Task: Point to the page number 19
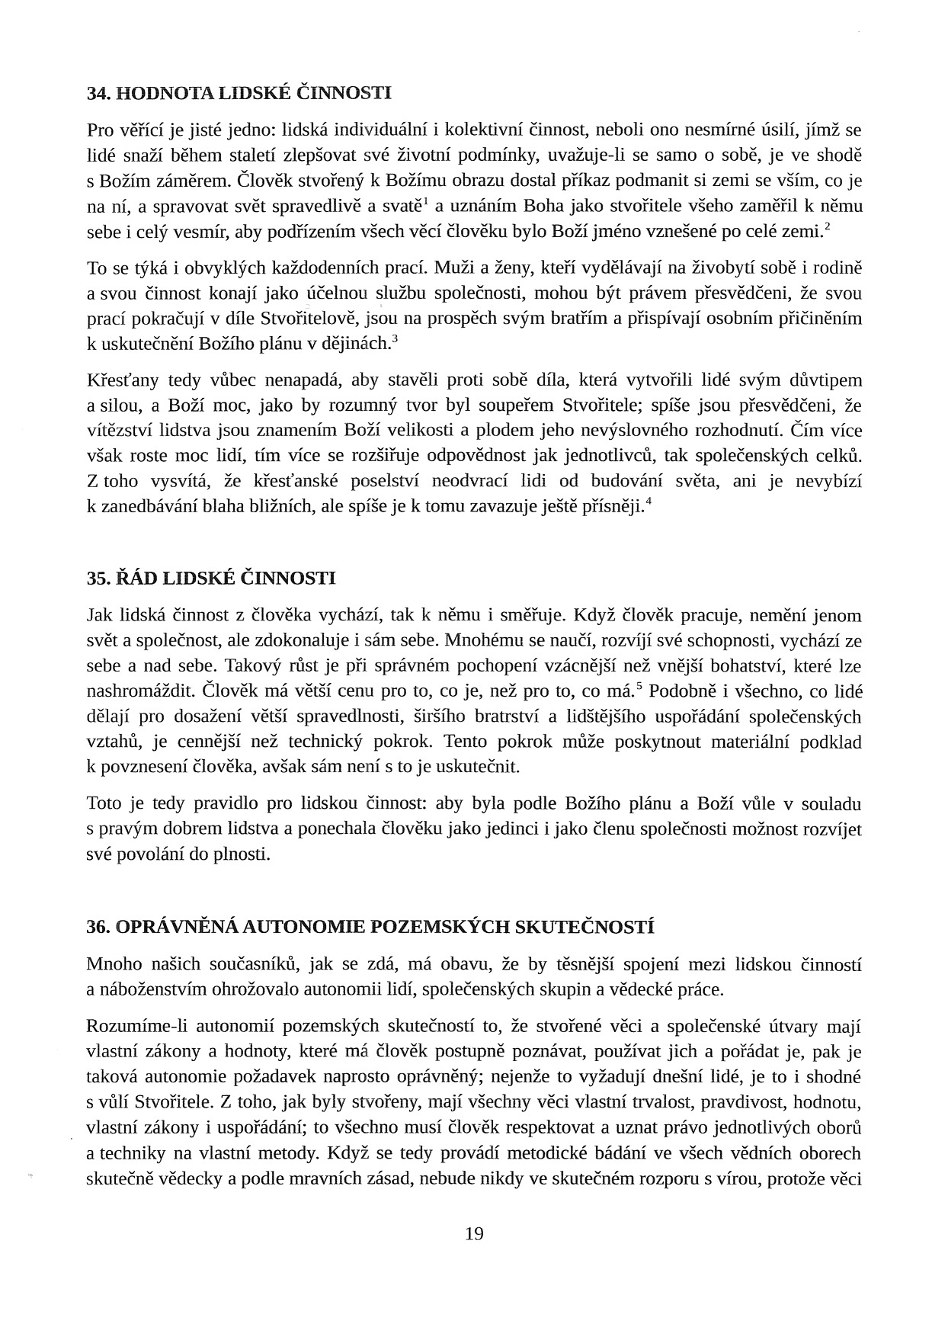pyautogui.click(x=474, y=1233)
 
